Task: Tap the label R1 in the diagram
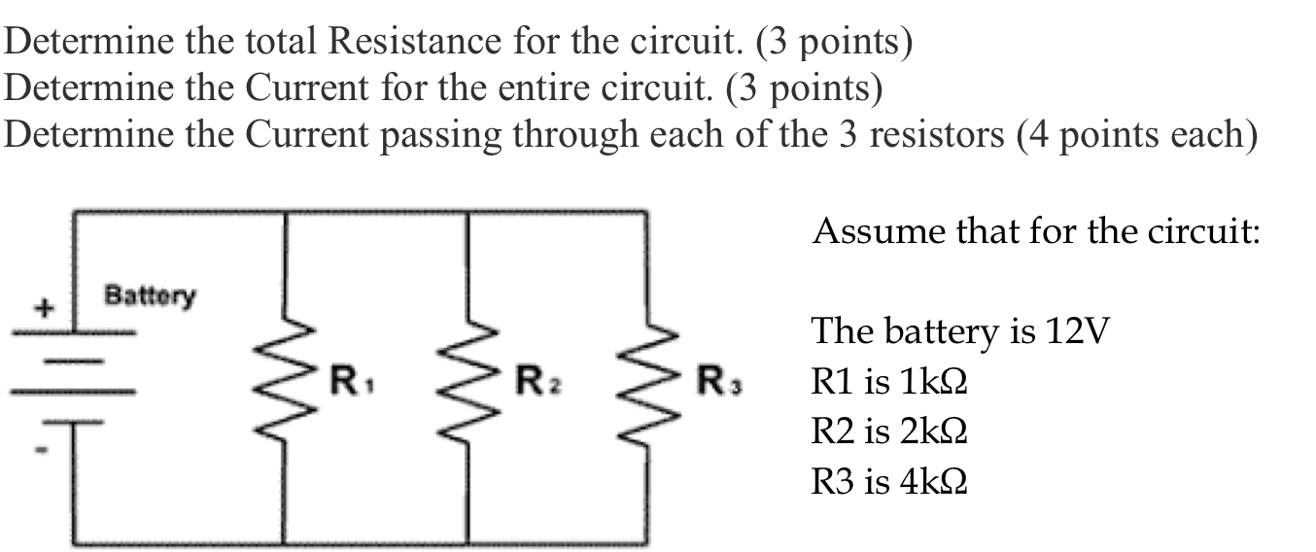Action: [x=345, y=379]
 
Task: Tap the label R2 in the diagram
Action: [x=530, y=379]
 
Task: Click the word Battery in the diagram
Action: [x=150, y=293]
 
